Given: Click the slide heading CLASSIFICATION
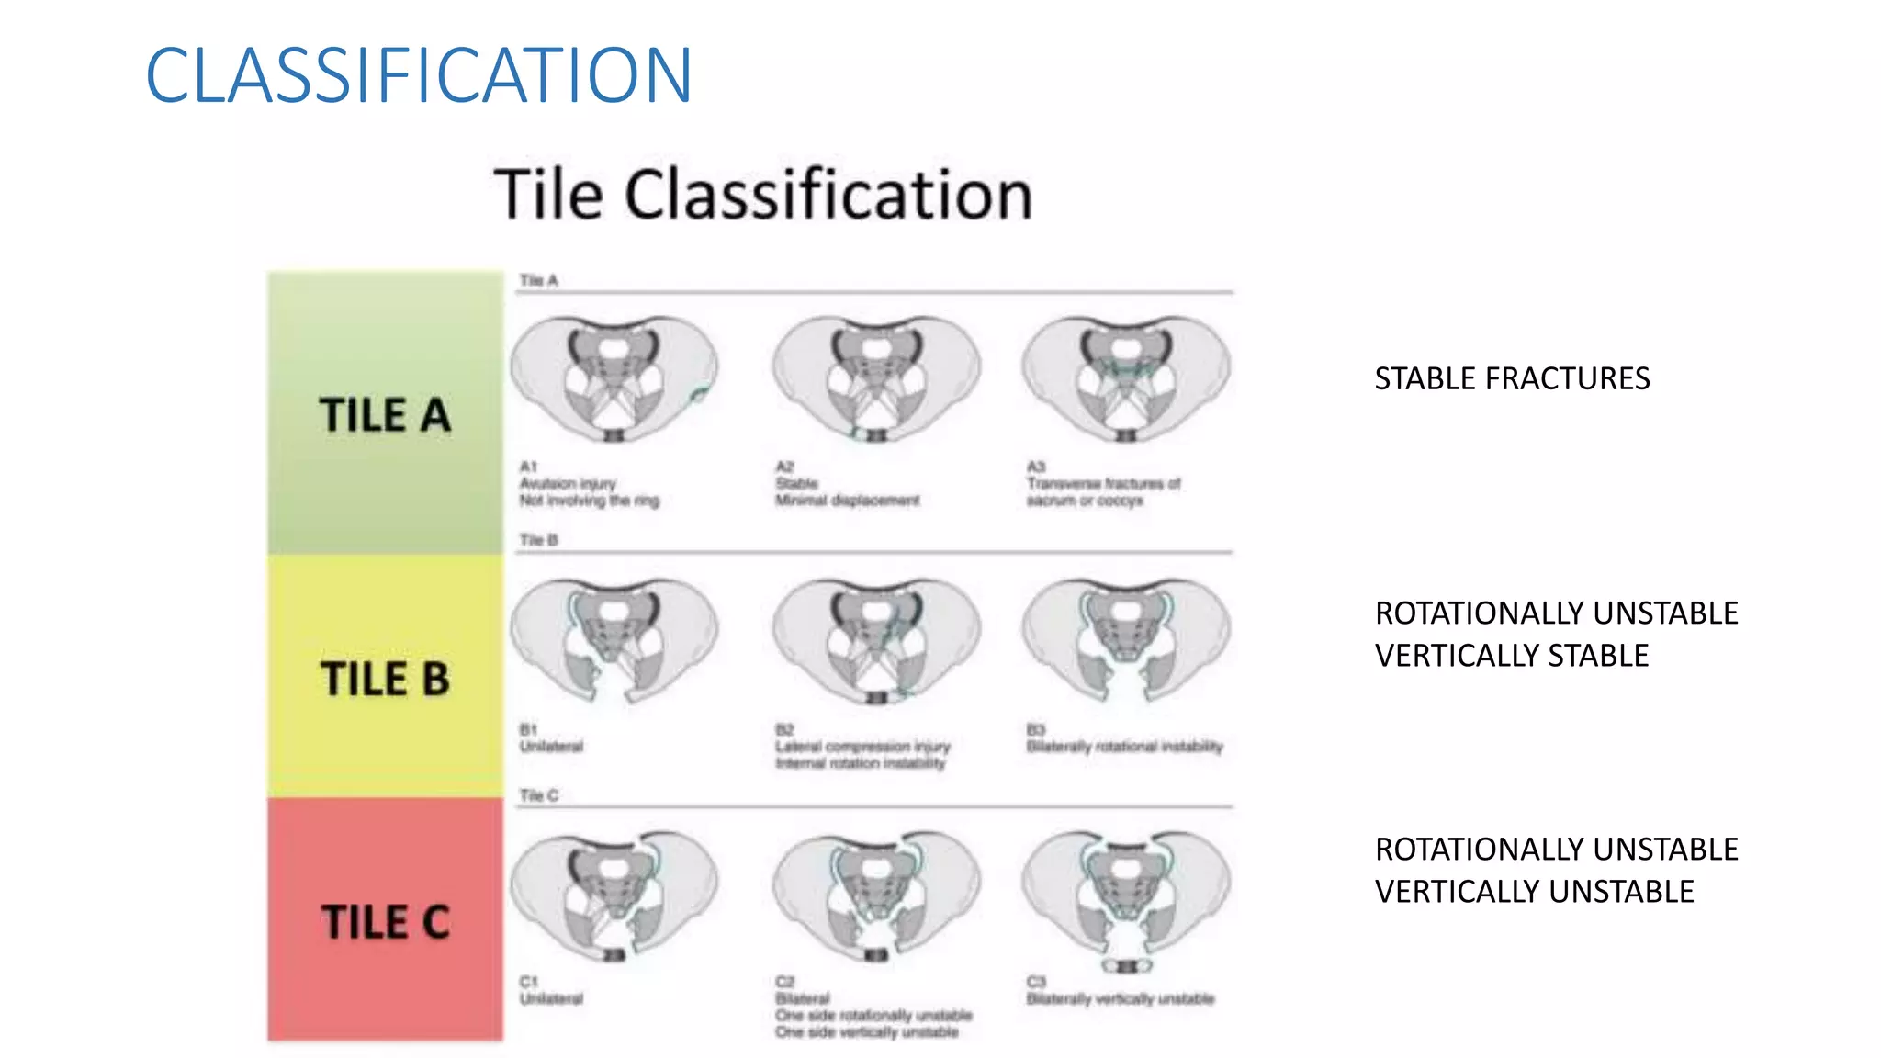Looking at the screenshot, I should (419, 75).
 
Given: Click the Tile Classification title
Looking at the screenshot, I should (763, 195).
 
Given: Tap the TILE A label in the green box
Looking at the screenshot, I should (385, 415).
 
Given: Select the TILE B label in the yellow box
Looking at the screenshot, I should (385, 679).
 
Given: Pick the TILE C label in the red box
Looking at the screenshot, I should (385, 921).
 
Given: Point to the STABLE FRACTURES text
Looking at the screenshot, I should (1512, 378).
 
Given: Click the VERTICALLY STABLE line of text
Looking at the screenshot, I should (1512, 656).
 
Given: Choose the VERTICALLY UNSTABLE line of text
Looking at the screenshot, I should (1534, 892).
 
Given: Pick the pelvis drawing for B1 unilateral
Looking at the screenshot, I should (614, 639).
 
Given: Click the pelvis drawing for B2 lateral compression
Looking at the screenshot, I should (876, 639).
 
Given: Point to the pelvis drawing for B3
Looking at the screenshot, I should (1126, 639).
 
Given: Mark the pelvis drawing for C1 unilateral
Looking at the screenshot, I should (614, 895).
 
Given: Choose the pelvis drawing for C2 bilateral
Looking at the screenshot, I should (876, 895).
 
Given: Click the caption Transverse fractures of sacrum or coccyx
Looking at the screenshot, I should (1102, 491).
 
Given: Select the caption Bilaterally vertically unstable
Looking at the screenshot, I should (1121, 998).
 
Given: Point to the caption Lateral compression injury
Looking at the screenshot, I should (862, 747).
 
